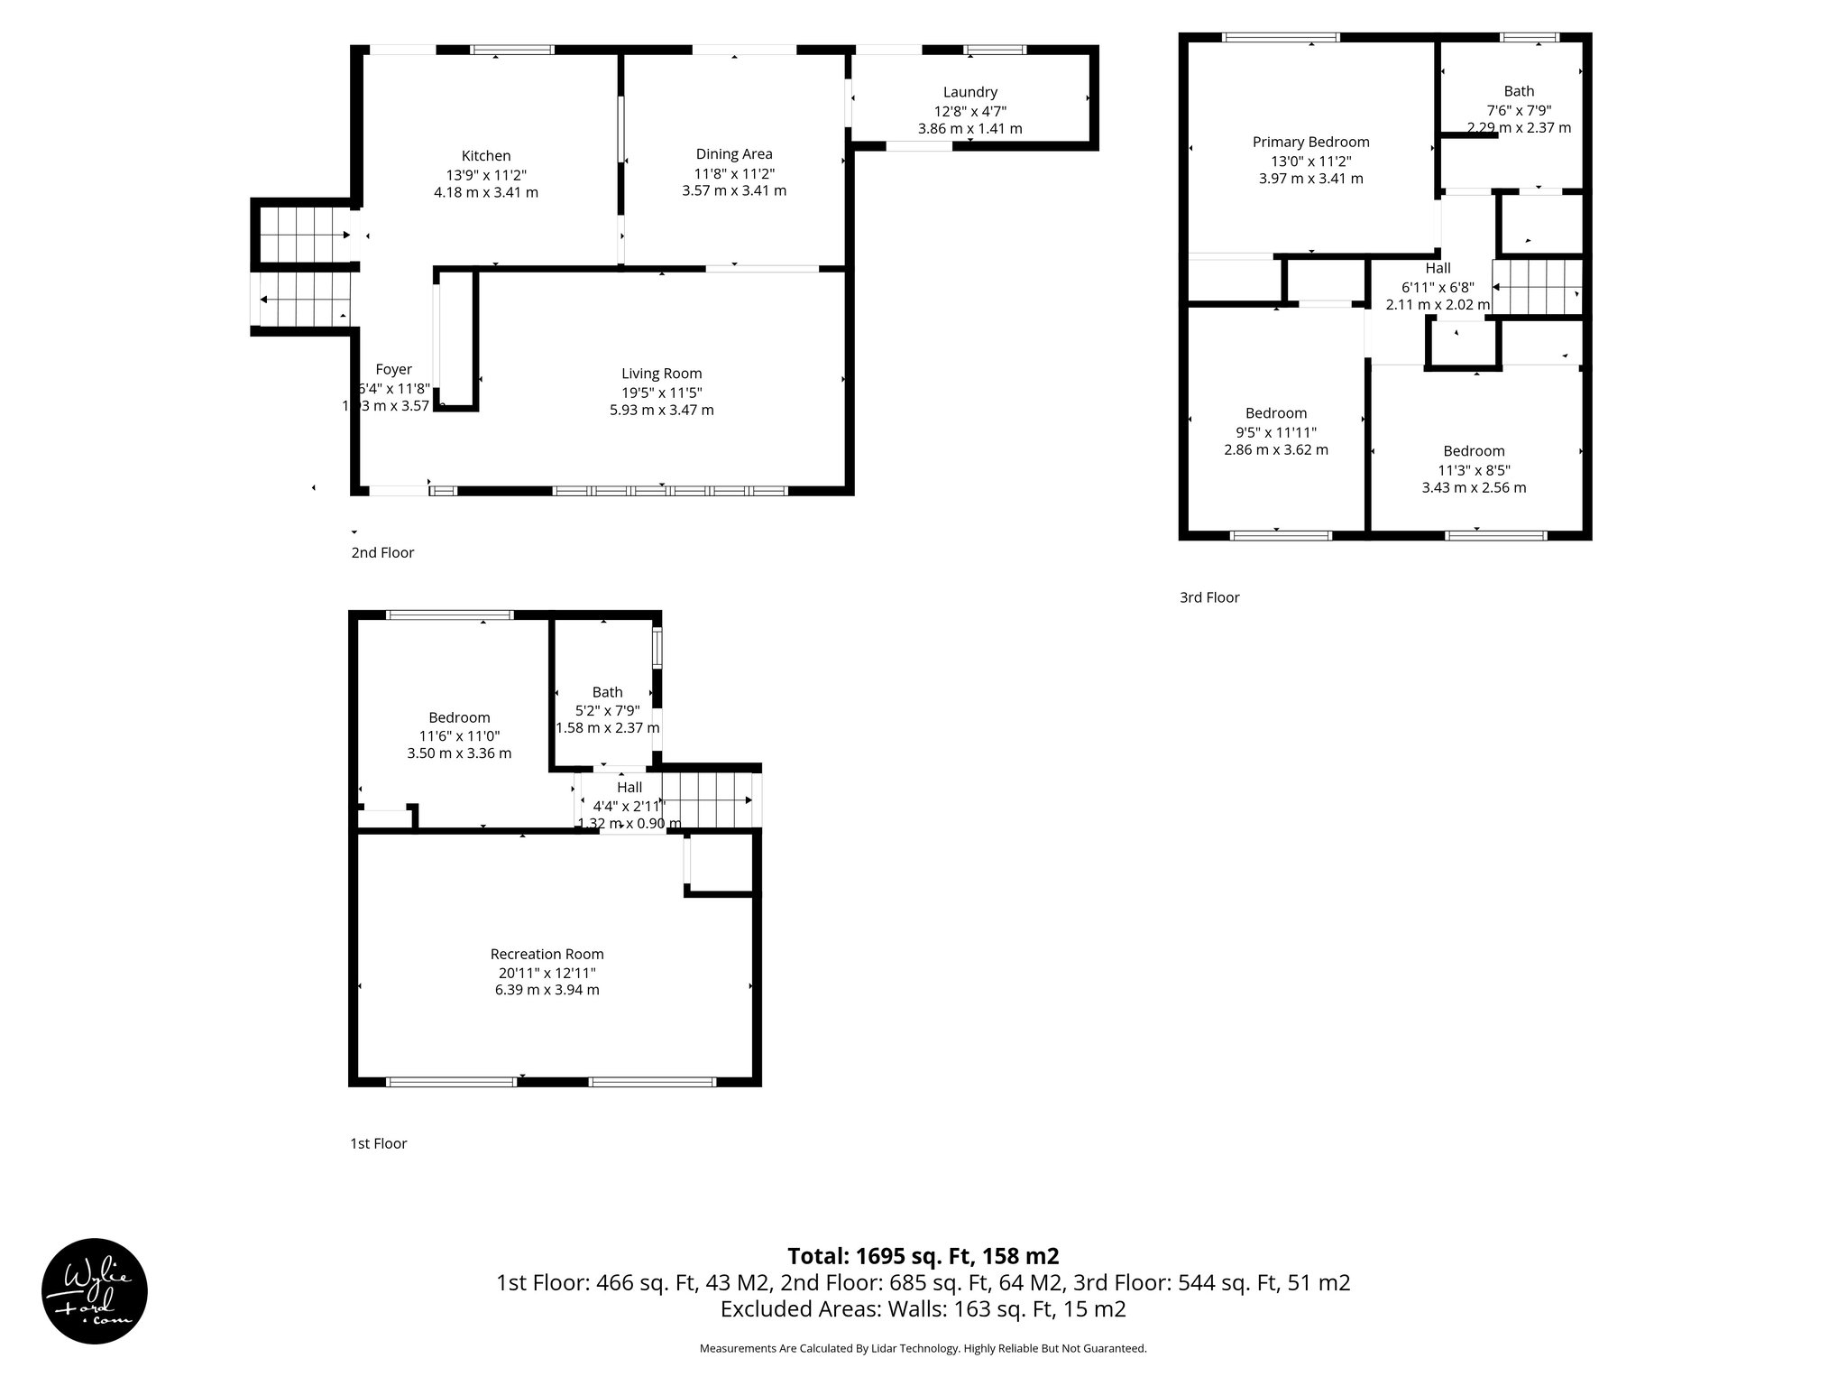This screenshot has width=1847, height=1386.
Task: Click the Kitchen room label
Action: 486,156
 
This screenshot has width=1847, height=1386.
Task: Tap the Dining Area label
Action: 733,154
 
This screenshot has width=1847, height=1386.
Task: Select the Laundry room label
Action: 969,92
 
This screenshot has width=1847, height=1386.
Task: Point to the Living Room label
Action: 661,374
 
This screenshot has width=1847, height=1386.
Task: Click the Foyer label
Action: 393,369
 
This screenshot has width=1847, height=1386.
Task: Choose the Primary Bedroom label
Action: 1310,142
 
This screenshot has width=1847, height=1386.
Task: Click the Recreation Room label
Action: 547,954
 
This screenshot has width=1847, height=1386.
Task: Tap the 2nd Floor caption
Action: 382,552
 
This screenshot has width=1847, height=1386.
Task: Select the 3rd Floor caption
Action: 1209,597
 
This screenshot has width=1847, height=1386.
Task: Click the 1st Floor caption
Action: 378,1143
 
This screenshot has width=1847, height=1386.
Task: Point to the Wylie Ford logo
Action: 95,1291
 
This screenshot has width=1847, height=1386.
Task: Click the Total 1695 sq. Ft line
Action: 923,1256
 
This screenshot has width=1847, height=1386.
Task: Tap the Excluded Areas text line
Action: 923,1308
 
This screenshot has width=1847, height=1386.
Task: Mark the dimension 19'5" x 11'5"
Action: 661,393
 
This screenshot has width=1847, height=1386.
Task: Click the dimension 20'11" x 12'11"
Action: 547,973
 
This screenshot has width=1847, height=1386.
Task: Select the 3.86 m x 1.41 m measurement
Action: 969,129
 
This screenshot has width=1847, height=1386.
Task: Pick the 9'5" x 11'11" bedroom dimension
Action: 1275,432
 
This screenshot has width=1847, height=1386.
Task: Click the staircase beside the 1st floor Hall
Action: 713,800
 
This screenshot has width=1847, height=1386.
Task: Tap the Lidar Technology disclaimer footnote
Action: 923,1348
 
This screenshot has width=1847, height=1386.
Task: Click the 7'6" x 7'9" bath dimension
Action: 1519,110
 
